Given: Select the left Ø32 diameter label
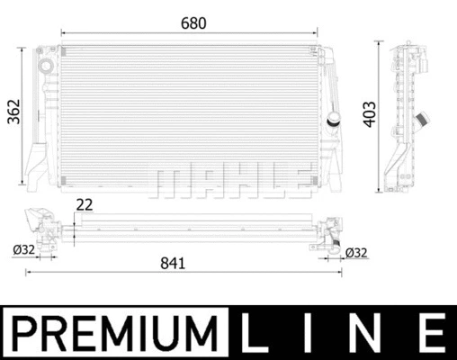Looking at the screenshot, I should click(24, 251).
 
